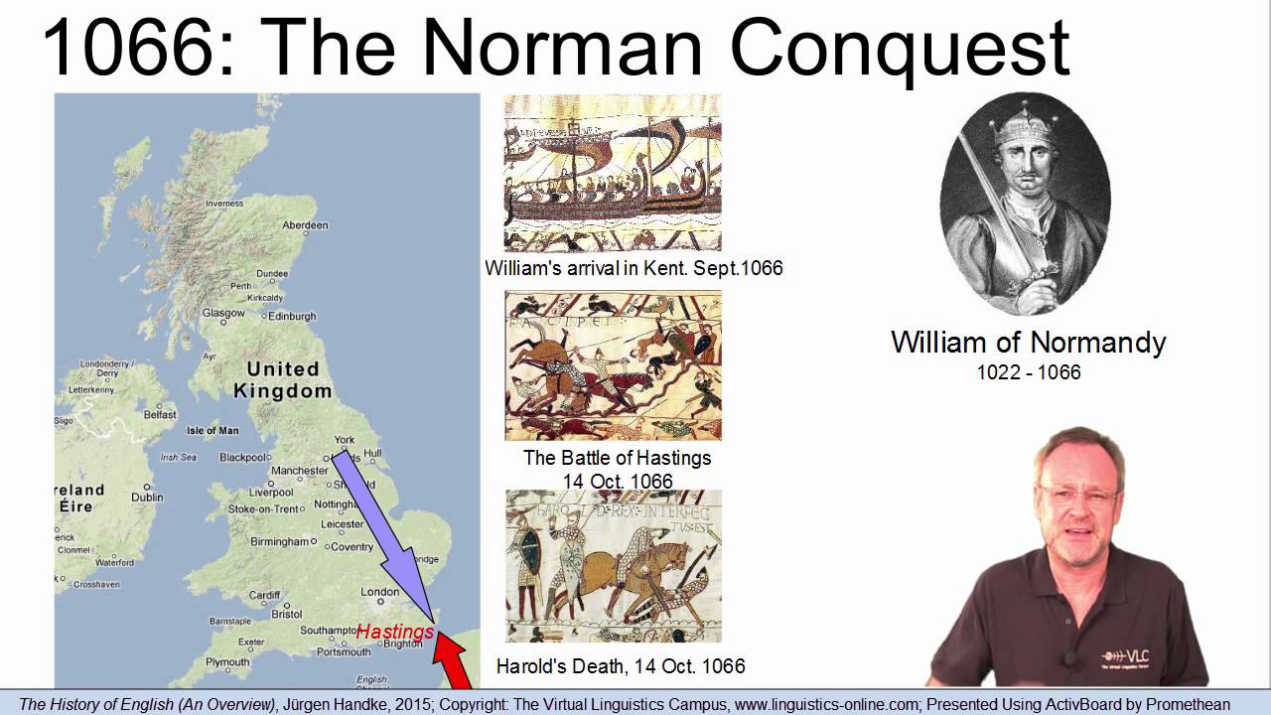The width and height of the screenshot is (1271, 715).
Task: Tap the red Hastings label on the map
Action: click(x=395, y=632)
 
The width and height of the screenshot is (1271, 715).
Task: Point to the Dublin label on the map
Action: click(x=147, y=498)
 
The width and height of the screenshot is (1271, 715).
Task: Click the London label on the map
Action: click(x=380, y=592)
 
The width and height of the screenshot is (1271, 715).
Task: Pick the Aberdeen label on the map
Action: click(x=305, y=225)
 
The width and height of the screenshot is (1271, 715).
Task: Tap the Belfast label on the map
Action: click(x=159, y=415)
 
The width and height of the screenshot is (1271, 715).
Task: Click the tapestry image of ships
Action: click(x=613, y=173)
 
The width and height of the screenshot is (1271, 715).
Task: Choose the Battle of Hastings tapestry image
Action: click(x=613, y=365)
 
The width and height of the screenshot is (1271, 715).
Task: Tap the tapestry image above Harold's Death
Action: click(x=613, y=566)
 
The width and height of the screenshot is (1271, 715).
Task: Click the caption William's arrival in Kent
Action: click(x=634, y=268)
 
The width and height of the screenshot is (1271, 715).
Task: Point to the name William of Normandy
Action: click(x=1028, y=343)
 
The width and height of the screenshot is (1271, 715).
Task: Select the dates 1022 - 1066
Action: click(x=1028, y=372)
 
